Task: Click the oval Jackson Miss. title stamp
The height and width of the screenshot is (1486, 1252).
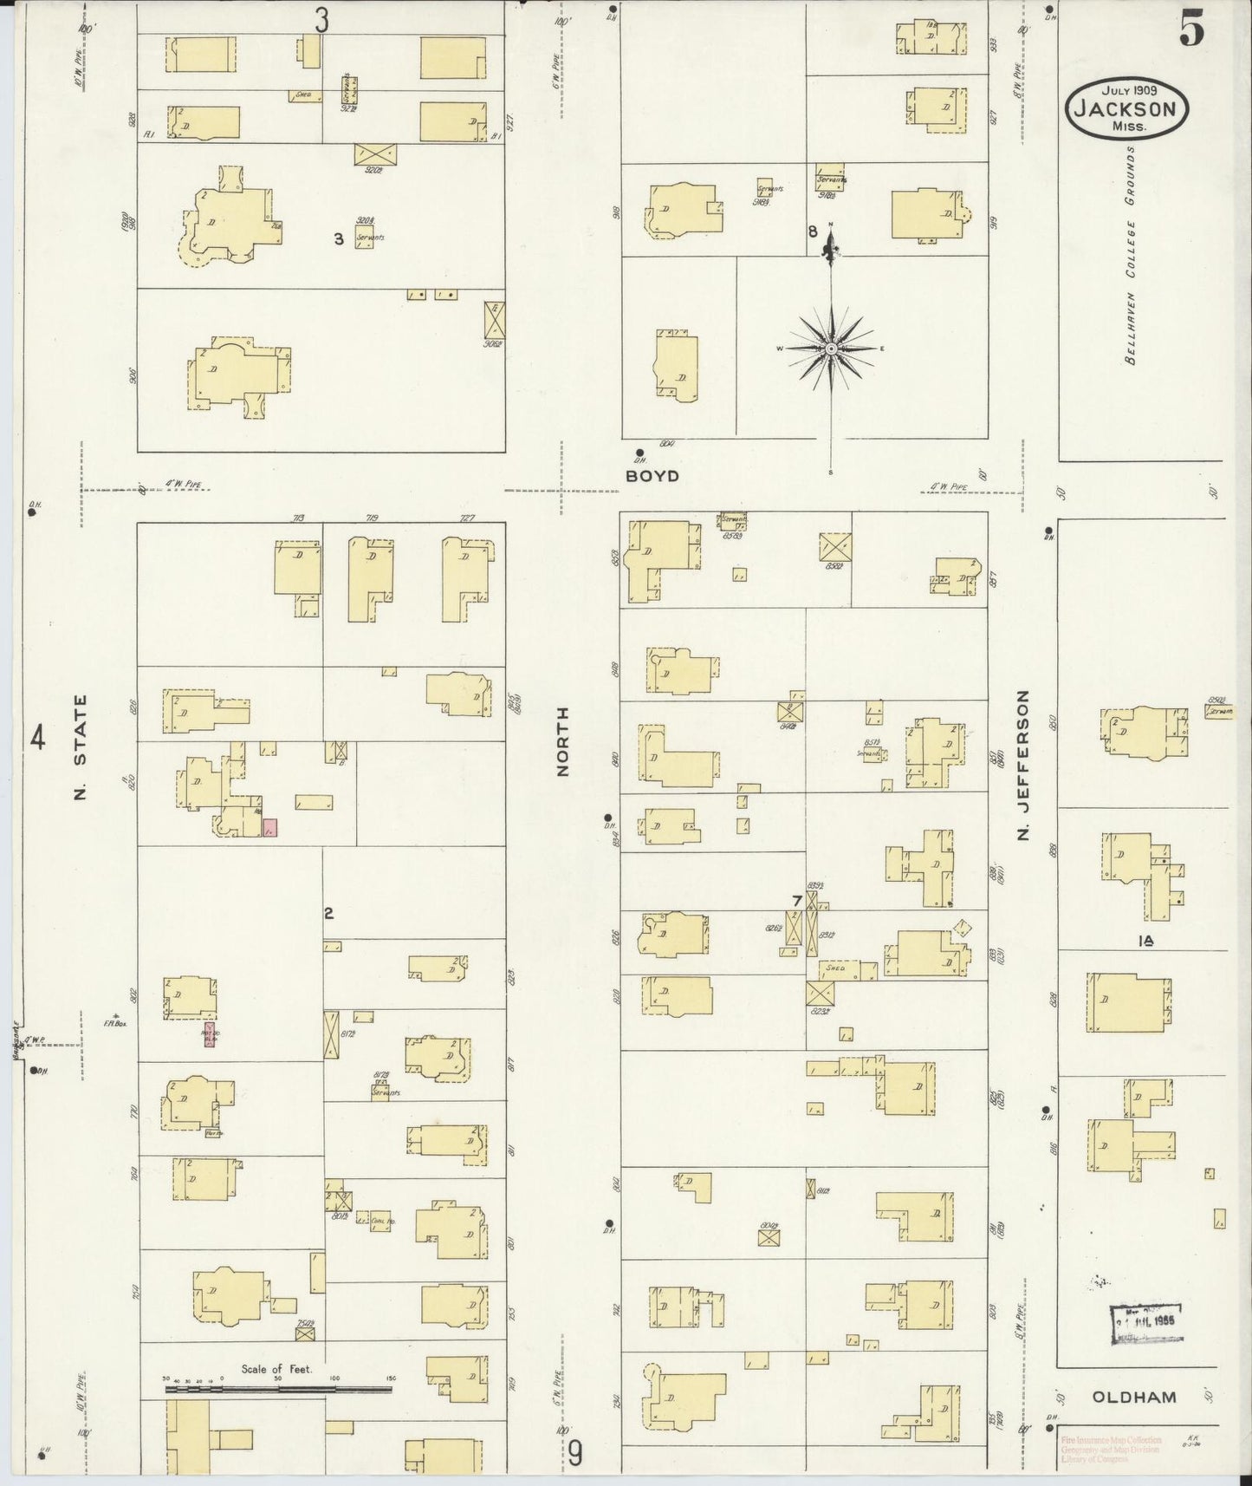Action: (1126, 108)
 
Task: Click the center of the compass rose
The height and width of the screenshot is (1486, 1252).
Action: (831, 349)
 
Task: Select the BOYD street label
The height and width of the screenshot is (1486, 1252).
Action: (655, 476)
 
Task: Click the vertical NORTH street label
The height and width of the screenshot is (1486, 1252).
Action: (563, 740)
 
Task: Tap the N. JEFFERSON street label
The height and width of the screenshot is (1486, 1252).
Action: (1023, 765)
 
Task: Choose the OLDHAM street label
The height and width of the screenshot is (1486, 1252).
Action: (1133, 1397)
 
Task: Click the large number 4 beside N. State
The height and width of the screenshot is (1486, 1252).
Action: (37, 739)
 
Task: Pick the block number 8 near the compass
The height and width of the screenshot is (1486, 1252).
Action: (813, 231)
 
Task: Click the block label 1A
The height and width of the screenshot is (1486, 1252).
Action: (1149, 941)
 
